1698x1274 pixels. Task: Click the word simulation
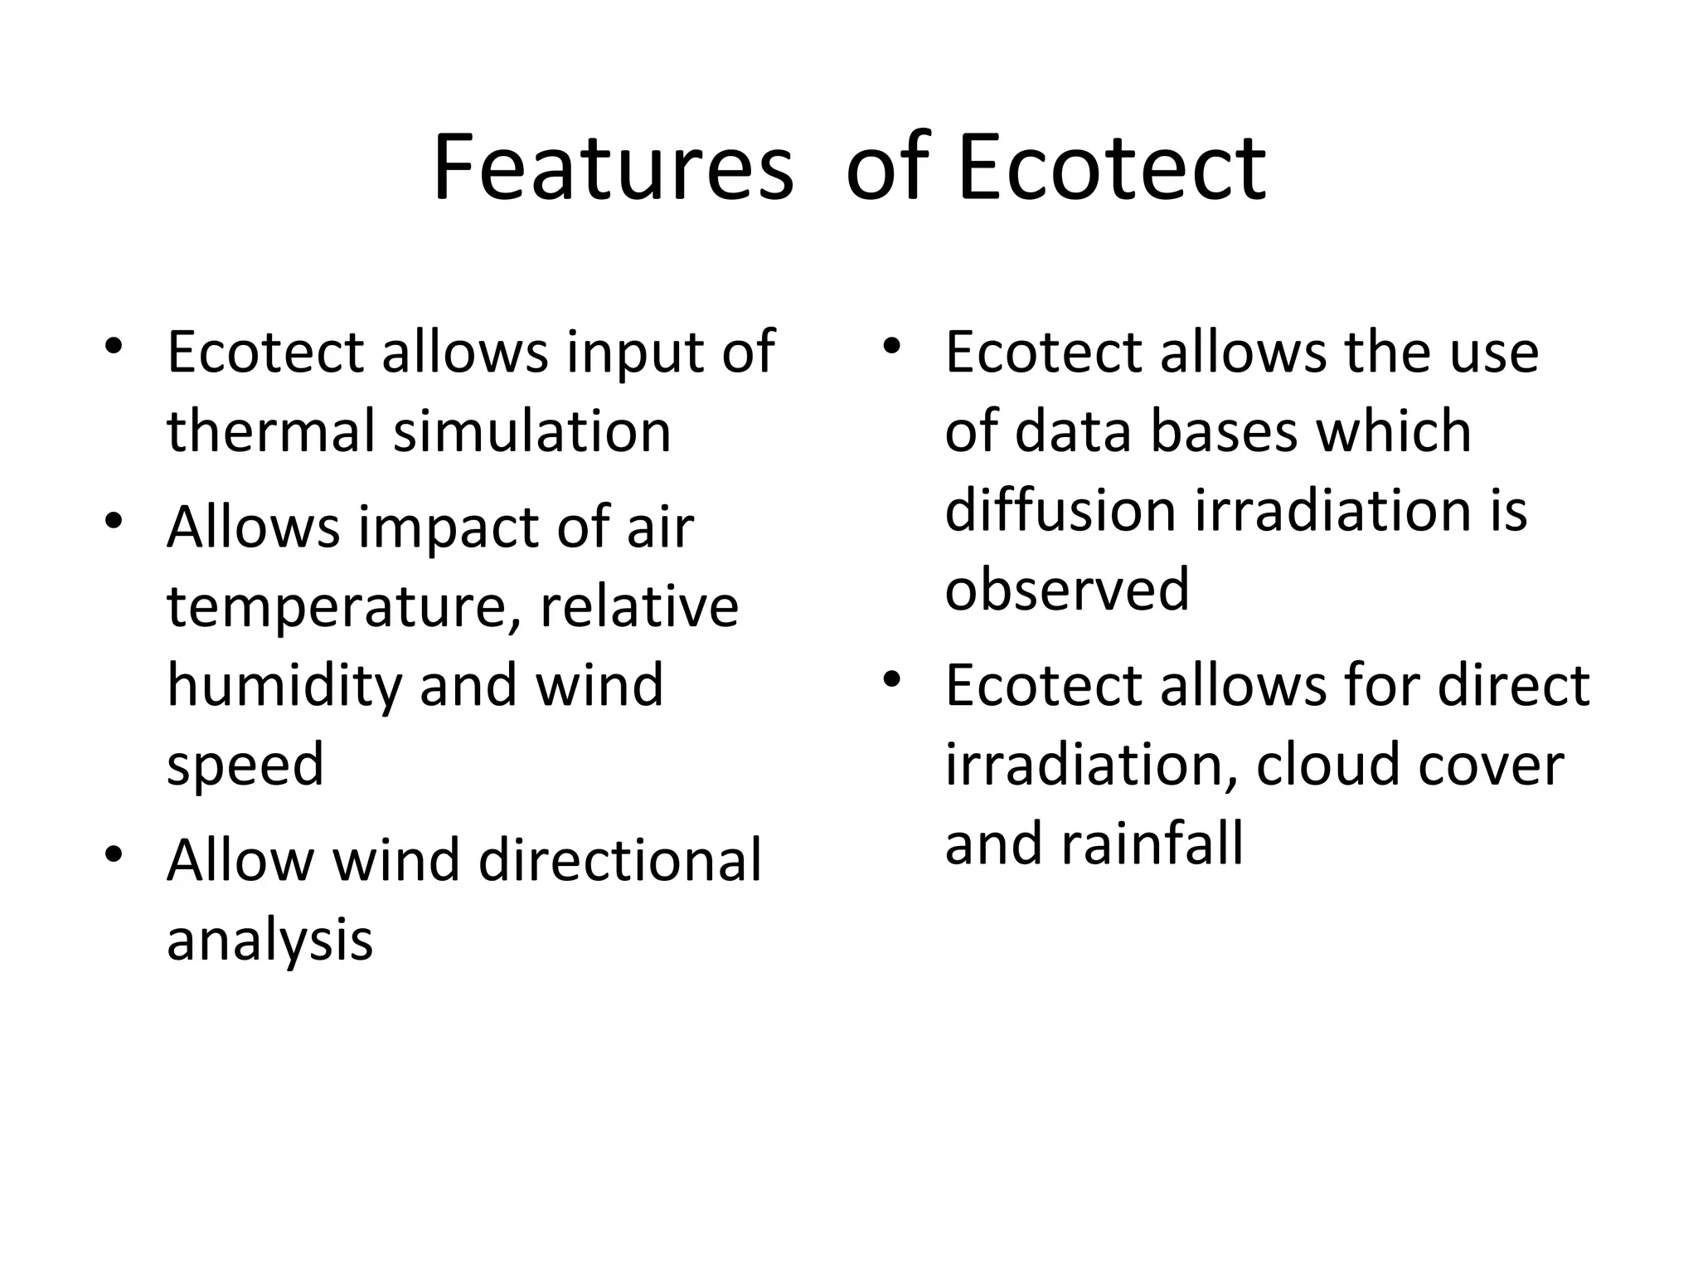[531, 431]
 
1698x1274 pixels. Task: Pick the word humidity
[284, 686]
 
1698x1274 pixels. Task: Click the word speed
[245, 766]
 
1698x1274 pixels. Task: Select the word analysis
[269, 940]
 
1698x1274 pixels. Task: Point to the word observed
[1067, 589]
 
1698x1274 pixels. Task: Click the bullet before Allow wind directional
[114, 853]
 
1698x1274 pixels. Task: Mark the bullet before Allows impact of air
[114, 521]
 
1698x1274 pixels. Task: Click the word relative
[638, 607]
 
